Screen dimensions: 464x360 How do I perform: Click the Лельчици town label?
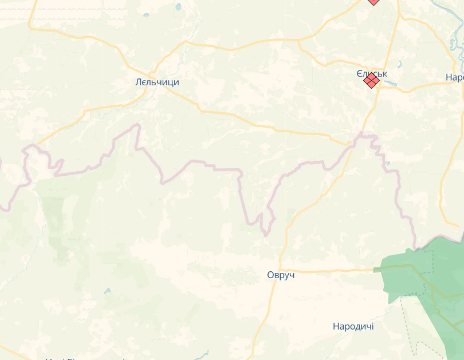pyautogui.click(x=157, y=82)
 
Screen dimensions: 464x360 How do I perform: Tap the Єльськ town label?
pyautogui.click(x=372, y=74)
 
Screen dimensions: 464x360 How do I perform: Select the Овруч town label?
pyautogui.click(x=281, y=275)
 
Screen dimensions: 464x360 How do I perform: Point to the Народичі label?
pyautogui.click(x=353, y=326)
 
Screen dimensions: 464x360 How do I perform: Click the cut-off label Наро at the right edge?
pyautogui.click(x=454, y=78)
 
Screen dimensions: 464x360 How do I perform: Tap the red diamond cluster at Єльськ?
pyautogui.click(x=371, y=81)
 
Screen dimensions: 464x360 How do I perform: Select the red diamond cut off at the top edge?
pyautogui.click(x=373, y=2)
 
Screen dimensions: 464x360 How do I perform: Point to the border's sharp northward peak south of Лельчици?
pyautogui.click(x=137, y=125)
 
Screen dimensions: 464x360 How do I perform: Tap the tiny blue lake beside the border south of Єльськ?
pyautogui.click(x=388, y=164)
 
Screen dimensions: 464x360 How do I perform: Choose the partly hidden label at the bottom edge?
pyautogui.click(x=86, y=358)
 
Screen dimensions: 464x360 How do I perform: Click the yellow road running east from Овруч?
pyautogui.click(x=332, y=270)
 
